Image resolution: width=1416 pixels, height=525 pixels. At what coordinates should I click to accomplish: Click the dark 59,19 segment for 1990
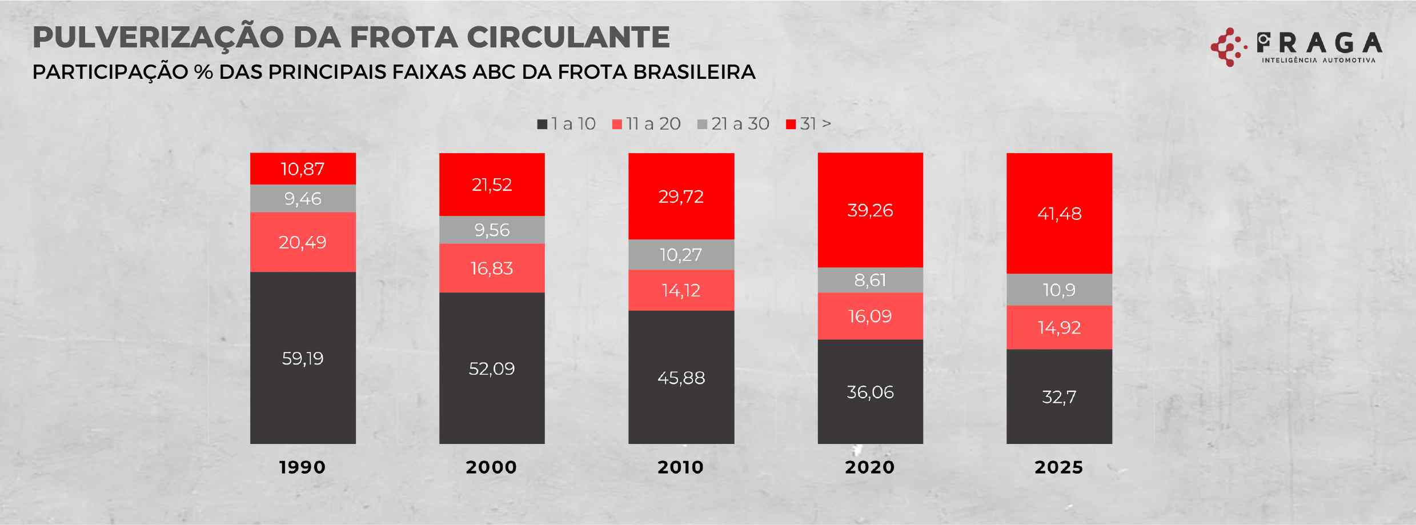pos(303,358)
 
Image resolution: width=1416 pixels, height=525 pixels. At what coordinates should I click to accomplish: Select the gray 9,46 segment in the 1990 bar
pos(303,198)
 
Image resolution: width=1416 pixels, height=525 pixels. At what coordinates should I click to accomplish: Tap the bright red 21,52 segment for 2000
pos(492,185)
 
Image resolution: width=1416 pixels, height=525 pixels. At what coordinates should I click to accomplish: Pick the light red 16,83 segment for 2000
pos(492,268)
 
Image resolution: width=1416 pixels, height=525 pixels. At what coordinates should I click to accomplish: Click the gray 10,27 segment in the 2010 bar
pos(681,254)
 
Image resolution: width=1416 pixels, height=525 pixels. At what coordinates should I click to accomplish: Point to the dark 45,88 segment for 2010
pos(681,377)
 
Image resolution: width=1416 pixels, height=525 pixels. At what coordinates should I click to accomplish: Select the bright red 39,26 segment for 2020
pos(870,210)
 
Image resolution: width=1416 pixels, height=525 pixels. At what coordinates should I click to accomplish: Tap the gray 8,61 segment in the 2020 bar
pos(870,280)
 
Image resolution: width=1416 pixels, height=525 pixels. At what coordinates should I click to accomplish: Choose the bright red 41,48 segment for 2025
pos(1059,213)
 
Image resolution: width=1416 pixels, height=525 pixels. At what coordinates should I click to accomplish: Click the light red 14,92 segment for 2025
pos(1059,327)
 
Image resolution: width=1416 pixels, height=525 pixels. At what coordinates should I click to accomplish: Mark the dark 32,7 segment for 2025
pos(1059,396)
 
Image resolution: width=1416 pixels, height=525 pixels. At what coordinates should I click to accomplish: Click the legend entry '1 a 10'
pos(567,124)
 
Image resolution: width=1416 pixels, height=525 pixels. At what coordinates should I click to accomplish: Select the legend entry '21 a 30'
pos(734,124)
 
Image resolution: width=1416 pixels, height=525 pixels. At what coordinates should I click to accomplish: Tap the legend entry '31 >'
pos(809,124)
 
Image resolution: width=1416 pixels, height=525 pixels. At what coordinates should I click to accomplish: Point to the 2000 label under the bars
pos(491,467)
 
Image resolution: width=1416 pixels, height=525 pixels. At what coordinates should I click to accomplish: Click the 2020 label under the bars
pos(870,467)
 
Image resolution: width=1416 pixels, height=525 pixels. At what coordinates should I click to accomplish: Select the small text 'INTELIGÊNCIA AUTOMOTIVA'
pos(1318,60)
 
